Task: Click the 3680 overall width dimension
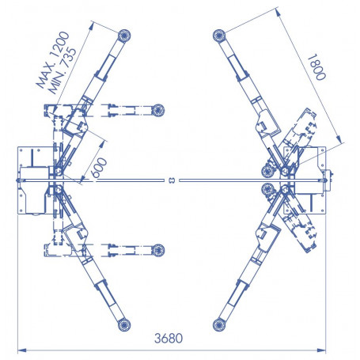coord(169,339)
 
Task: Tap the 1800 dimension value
coord(316,67)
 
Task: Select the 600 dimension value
coord(99,168)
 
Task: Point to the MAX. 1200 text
coord(53,59)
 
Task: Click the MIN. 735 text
coord(63,70)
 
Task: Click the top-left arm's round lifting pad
coord(124,36)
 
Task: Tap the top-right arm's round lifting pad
coord(219,36)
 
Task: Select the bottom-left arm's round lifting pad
coord(124,325)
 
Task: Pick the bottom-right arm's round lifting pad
coord(219,325)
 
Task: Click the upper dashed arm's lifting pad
coord(158,110)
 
